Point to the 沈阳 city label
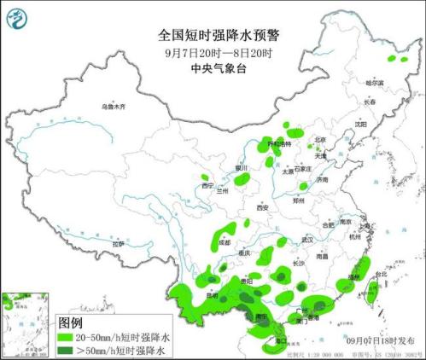360,124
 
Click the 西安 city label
263,207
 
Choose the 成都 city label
224,242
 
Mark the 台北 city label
381,275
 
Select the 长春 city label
370,102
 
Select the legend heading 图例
70,323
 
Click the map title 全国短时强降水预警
213,36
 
